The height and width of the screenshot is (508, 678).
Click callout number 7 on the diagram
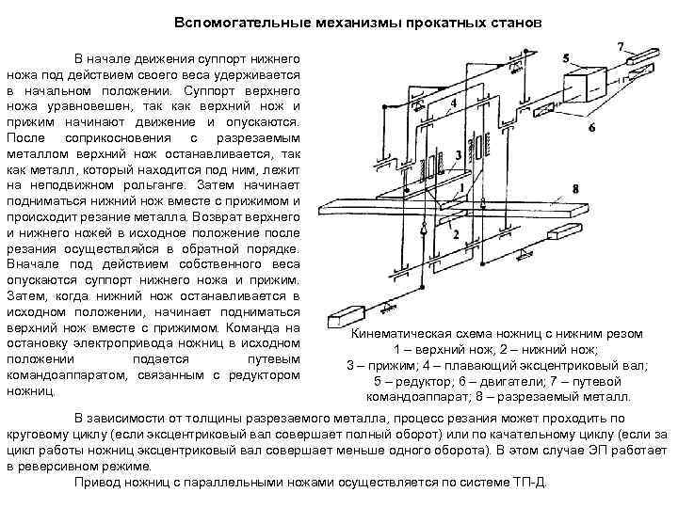tap(621, 46)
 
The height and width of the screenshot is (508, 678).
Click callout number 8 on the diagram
tap(574, 188)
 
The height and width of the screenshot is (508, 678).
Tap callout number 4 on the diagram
tap(454, 102)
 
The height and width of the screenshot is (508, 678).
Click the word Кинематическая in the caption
tap(398, 334)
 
